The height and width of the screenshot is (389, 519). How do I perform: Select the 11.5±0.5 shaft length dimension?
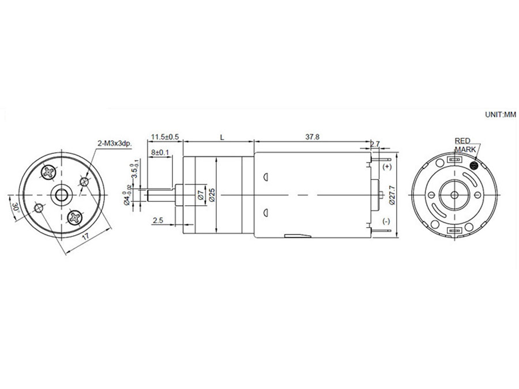point(165,137)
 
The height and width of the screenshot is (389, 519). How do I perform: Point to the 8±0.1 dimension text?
point(160,153)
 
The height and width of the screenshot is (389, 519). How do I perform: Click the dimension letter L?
point(222,137)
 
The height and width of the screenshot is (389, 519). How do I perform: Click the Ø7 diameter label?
point(200,194)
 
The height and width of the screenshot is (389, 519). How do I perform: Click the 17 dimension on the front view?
point(85,237)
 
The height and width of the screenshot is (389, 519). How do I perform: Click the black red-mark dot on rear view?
point(475,165)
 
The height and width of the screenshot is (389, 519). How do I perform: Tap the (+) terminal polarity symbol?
point(386,167)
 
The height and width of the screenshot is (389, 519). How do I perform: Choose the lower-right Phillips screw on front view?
point(76,217)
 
